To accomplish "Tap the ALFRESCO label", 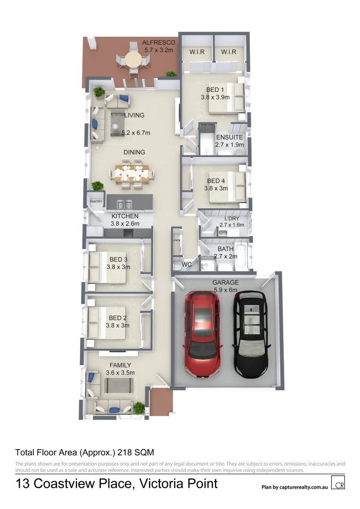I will coord(159,42).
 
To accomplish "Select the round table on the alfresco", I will coord(133,60).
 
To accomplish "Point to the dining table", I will coord(132,173).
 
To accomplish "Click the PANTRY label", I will coord(96,202).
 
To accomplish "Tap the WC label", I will coord(187,265).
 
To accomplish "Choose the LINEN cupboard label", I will coord(176,240).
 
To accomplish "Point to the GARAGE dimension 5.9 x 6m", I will coord(224,290).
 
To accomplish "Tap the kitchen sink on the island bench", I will coord(125,205).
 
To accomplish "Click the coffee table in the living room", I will coord(117,124).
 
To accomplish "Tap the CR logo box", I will coord(337,484).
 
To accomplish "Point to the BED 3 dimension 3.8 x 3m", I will coord(118,267).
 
